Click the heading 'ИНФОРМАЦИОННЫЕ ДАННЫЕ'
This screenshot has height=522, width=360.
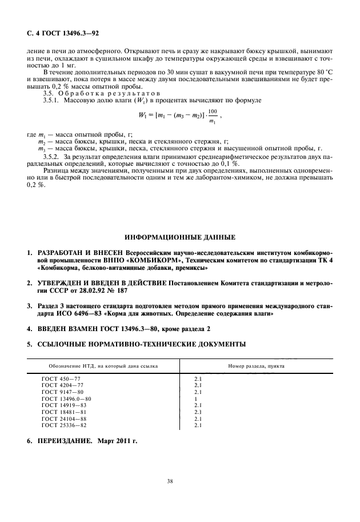coord(179,237)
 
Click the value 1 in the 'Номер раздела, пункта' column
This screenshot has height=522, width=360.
coord(196,399)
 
